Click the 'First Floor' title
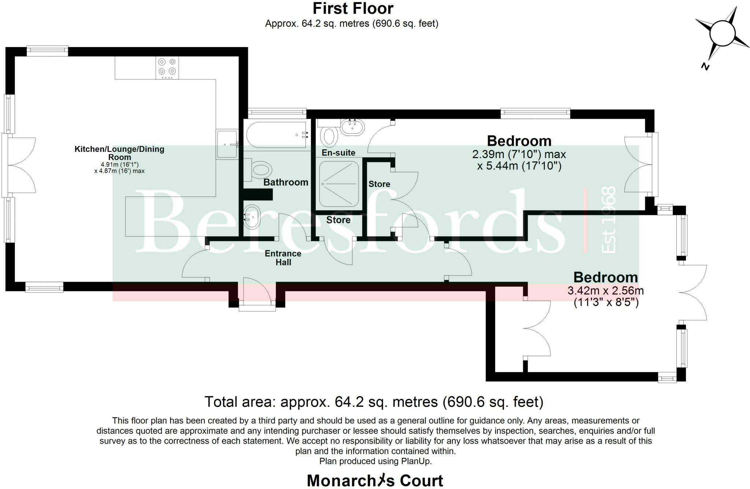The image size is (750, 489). point(353,8)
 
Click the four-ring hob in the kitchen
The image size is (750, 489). point(167,68)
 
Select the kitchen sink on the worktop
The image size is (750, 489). point(227,144)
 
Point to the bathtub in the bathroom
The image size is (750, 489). point(277,135)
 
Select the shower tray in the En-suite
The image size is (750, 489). point(339,184)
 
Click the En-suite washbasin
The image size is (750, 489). point(353,127)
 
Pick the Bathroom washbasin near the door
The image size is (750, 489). point(252,217)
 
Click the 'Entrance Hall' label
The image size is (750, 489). point(283,258)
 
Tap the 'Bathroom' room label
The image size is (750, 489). point(286,182)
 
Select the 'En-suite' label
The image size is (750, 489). point(338,153)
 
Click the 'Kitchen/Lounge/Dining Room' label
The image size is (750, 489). point(119,153)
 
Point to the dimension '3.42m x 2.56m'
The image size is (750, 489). point(606,291)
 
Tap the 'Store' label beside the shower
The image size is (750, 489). point(379,184)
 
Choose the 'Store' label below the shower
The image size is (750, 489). point(338,220)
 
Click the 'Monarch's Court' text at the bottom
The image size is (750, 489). point(375,481)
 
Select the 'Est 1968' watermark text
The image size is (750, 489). point(608,220)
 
